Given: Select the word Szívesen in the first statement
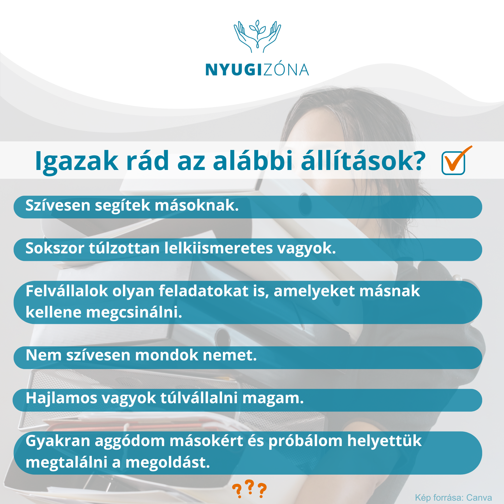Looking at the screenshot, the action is coord(58,206).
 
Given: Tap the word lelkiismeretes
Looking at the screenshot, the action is coord(218,248).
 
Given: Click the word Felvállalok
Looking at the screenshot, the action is coord(67,291).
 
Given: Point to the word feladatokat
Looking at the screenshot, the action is coord(204,291).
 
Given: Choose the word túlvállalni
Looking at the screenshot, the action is coord(199,398).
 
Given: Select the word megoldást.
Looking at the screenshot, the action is coord(168,462).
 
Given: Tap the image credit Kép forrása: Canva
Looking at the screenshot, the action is coord(453,498).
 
